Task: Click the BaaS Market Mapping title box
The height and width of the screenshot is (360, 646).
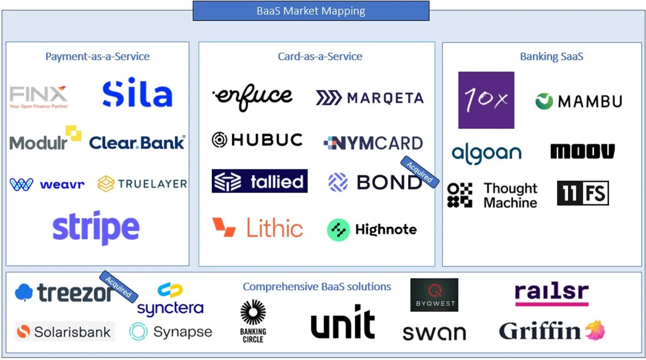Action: [x=311, y=11]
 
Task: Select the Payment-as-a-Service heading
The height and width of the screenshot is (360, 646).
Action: [x=97, y=56]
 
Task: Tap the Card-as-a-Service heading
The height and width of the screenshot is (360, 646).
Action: [x=320, y=56]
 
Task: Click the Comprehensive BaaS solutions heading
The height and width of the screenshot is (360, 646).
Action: [x=317, y=286]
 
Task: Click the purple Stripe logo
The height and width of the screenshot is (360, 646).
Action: [x=96, y=228]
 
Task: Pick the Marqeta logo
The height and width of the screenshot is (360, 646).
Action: [x=369, y=97]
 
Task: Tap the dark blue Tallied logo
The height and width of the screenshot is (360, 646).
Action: [x=259, y=181]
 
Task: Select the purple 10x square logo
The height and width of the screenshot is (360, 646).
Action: [x=486, y=100]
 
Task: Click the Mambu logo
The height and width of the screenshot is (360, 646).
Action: [x=578, y=101]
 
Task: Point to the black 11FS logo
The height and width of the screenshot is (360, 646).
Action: [x=582, y=193]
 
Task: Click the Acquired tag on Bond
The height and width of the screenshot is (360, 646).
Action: [x=420, y=171]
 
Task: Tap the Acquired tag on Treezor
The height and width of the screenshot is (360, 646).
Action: [x=119, y=285]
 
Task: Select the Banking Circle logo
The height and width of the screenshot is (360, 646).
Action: [x=253, y=321]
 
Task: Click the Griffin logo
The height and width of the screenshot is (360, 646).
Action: [x=552, y=330]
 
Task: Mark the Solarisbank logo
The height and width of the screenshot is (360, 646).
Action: [x=64, y=332]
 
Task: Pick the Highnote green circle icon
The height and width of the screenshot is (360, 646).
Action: [x=338, y=230]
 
